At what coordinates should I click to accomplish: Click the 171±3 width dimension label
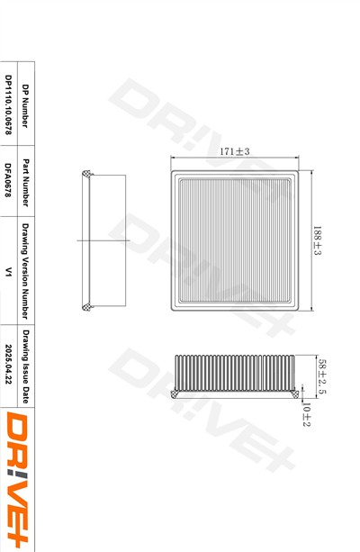pos(234,151)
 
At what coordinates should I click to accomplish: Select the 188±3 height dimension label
pos(318,240)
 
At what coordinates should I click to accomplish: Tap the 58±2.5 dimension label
pos(322,376)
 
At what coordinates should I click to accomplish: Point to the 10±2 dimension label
pos(307,414)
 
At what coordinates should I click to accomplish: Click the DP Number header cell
pos(25,105)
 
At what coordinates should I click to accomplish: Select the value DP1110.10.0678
pos(8,104)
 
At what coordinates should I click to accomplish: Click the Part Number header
pos(25,183)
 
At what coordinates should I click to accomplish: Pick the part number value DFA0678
pos(8,179)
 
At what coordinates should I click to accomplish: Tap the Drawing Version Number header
pos(25,271)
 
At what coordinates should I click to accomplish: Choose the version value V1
pos(8,272)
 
